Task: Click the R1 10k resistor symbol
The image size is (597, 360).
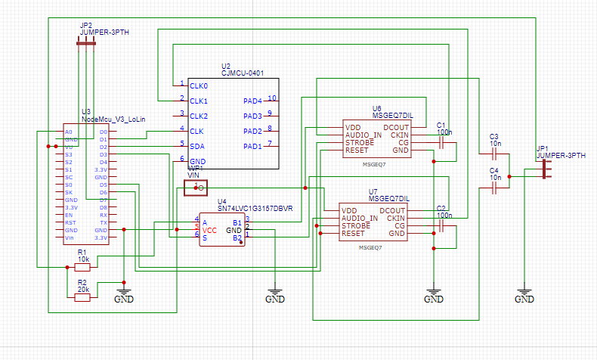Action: click(x=82, y=267)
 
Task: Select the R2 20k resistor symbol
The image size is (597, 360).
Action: click(x=82, y=297)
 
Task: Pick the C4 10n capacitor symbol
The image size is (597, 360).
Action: click(x=495, y=190)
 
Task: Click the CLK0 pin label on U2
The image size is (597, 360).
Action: click(x=199, y=86)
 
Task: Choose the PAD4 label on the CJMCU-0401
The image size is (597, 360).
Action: click(x=252, y=101)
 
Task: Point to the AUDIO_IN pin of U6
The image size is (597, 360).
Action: click(x=363, y=135)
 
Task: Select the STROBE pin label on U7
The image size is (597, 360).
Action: click(x=356, y=226)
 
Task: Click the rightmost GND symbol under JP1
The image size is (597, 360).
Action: click(x=524, y=293)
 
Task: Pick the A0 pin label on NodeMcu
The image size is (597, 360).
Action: click(x=69, y=132)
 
